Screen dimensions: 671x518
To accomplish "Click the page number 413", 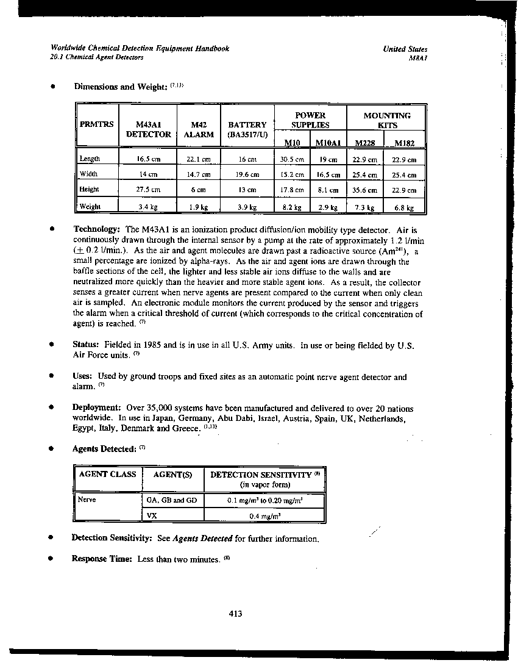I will (236, 614).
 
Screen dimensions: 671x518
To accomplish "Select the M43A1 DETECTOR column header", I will (148, 129).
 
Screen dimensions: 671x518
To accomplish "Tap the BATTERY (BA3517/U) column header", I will (247, 129).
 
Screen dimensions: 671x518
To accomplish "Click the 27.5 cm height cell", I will (148, 190).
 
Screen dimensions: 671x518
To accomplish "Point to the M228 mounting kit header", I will (364, 143).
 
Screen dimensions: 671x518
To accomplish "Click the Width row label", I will (88, 174).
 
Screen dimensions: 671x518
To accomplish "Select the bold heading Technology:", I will (98, 230).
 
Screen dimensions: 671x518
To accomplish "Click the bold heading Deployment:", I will (96, 407).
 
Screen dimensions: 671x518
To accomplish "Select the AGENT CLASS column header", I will (107, 475).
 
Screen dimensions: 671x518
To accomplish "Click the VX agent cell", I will (153, 515).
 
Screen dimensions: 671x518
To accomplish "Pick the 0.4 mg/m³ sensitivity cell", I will (264, 516).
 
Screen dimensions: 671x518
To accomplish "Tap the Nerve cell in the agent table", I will (88, 500).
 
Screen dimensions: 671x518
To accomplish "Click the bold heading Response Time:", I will (102, 558).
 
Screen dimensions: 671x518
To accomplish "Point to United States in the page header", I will (405, 49).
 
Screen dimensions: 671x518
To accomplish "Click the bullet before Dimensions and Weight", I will (54, 87).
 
